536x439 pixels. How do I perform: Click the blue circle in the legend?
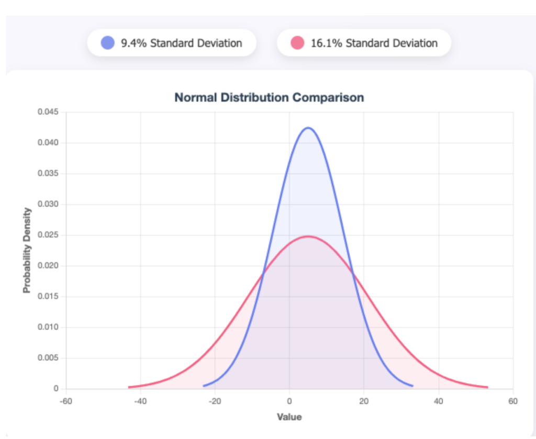[107, 43]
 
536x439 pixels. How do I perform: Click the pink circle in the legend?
[297, 43]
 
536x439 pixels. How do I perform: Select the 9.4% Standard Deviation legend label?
[181, 43]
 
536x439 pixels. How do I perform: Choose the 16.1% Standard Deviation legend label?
[374, 43]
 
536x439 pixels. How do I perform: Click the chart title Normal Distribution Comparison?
[269, 97]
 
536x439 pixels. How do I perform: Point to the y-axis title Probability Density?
[27, 250]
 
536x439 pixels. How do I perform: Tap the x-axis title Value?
[289, 417]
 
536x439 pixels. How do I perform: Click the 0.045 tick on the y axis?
[48, 112]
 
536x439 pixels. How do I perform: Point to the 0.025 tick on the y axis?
[48, 235]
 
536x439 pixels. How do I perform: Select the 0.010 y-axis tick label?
[48, 328]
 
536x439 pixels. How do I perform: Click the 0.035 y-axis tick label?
[48, 174]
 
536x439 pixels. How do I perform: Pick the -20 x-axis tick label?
[215, 401]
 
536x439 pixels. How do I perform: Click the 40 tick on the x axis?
[439, 401]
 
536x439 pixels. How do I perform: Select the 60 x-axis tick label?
[513, 401]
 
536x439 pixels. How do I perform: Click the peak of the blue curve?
[308, 128]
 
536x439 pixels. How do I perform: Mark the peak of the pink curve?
[308, 236]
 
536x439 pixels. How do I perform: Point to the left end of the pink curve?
[129, 387]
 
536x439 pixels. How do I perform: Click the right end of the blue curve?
[412, 386]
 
